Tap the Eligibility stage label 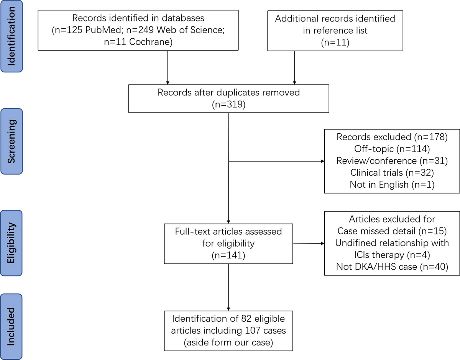(11, 243)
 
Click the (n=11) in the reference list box (335, 42)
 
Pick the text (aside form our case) (228, 342)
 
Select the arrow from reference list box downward (294, 67)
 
